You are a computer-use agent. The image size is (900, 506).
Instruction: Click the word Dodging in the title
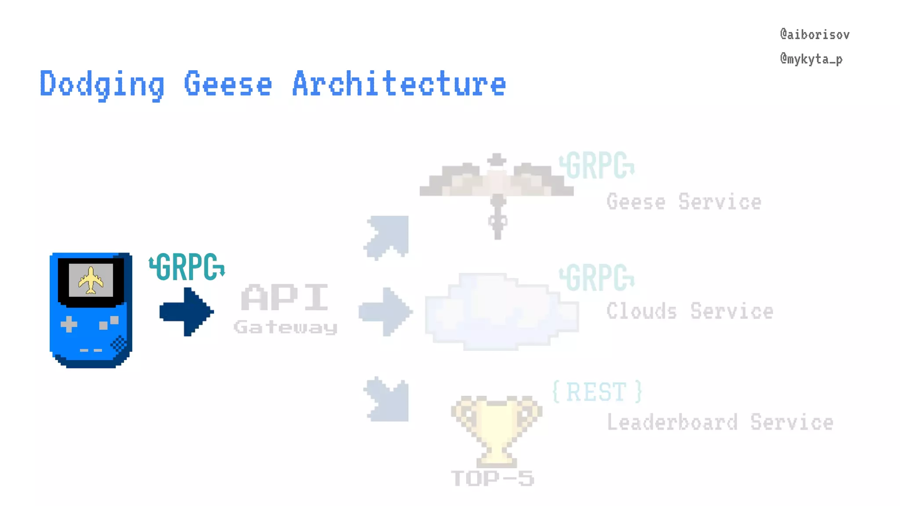102,84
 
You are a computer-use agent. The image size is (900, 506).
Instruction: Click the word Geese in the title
228,84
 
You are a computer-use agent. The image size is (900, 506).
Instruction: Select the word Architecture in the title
399,84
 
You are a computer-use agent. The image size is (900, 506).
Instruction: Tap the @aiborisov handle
814,35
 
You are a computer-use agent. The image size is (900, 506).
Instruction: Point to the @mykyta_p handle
811,59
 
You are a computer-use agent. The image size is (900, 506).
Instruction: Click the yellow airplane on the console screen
91,280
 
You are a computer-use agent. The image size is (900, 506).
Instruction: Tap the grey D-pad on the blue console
69,325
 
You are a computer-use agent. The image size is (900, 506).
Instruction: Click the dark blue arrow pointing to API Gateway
186,312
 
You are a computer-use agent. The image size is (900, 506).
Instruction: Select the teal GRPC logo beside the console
187,267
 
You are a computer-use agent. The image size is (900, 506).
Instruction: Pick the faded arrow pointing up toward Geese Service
387,236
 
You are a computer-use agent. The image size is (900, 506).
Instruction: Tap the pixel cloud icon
501,311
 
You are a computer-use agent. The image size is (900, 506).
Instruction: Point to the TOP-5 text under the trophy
493,478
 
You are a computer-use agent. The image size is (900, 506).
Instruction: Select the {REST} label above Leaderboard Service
597,392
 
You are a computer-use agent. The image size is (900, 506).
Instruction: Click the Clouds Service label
690,311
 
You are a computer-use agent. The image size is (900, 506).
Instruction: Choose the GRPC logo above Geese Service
597,166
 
